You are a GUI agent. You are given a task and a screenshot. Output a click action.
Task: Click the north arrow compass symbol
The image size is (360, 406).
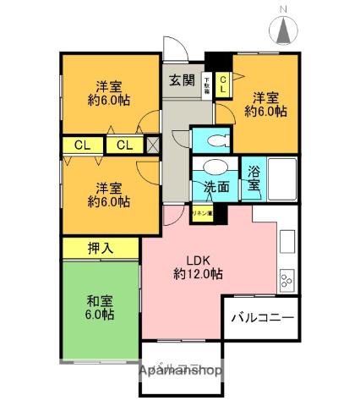[x=284, y=31]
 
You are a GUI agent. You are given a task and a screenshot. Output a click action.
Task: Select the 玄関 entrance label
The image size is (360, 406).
[x=180, y=81]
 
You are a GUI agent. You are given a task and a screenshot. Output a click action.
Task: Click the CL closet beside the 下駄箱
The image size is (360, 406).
[x=223, y=84]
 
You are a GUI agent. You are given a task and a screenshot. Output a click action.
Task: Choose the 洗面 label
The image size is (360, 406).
[x=215, y=186]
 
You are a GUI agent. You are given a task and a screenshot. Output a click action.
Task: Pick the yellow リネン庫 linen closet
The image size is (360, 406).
[x=202, y=214]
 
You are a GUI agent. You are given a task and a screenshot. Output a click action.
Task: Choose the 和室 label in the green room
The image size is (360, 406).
[x=98, y=300]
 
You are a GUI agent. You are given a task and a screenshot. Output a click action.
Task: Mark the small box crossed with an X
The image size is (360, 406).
[x=153, y=145]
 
